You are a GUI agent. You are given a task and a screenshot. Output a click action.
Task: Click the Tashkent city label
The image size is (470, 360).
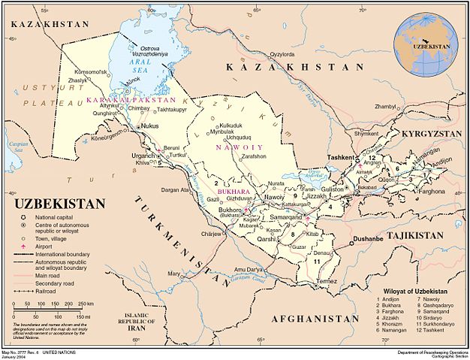[x=341, y=157]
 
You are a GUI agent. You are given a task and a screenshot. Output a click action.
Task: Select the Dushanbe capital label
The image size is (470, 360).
[x=369, y=239]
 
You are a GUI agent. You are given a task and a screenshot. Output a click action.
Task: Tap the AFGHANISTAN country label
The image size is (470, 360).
[x=310, y=319]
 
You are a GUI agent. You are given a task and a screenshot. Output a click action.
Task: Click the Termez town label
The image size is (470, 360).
[x=327, y=280]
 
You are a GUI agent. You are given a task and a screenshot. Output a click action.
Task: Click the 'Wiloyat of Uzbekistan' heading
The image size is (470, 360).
[x=417, y=291]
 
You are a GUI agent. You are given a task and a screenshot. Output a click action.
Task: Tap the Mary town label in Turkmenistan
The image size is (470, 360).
[x=174, y=274]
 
